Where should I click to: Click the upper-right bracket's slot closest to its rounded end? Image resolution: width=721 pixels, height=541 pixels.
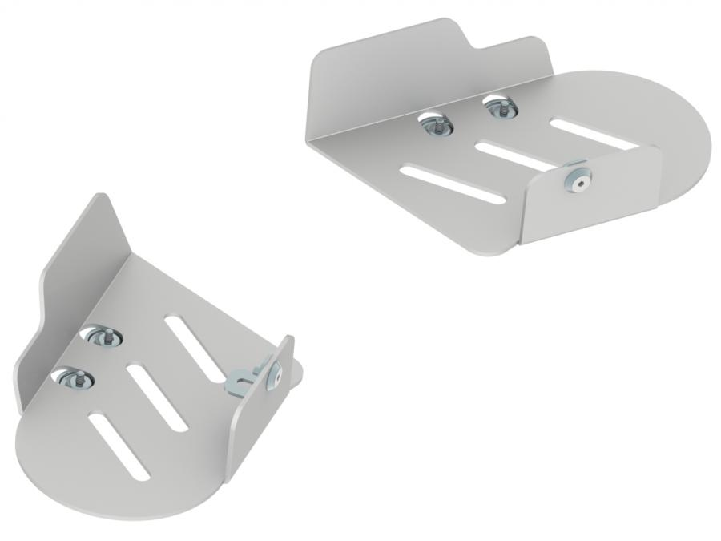tap(594, 133)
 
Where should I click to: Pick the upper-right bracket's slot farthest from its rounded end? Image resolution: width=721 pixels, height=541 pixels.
tap(452, 183)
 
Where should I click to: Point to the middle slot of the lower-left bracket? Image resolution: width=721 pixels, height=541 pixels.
tap(155, 398)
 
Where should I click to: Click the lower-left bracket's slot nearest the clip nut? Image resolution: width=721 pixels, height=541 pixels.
tap(197, 348)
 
